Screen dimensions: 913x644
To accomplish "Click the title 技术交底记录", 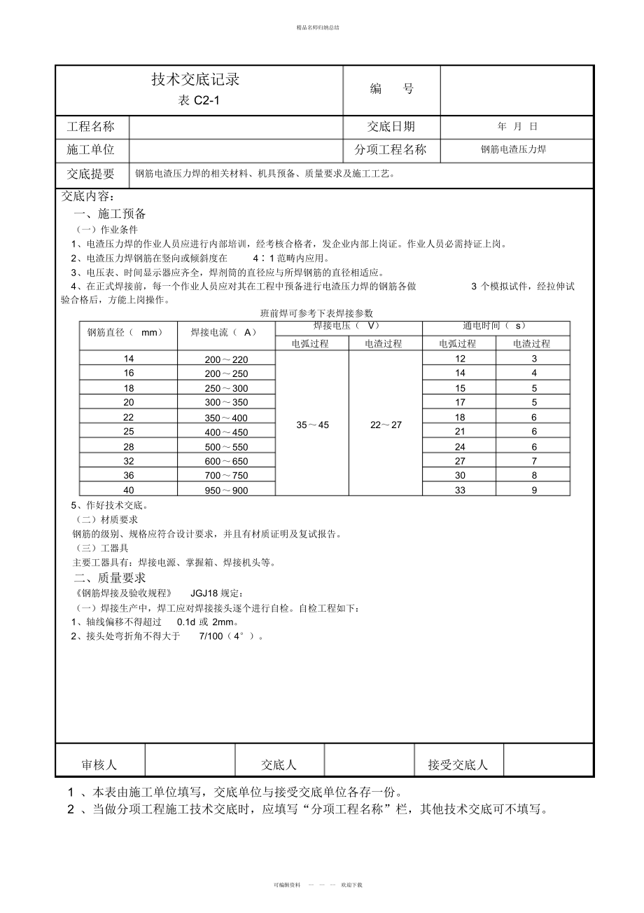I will point(195,80).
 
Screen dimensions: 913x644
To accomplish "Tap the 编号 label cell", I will point(391,89).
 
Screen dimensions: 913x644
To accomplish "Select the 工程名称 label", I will point(90,127).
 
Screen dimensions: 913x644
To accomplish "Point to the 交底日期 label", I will point(391,127).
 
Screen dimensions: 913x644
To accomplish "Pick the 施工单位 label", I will point(90,149).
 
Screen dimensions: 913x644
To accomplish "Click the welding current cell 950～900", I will point(226,490).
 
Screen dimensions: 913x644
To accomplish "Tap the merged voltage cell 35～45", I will point(311,425).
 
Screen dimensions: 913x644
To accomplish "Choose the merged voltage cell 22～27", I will point(386,425).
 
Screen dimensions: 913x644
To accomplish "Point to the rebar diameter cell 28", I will point(129,446).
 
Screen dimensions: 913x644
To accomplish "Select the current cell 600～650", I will point(226,461).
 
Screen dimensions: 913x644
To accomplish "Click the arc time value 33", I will point(460,490).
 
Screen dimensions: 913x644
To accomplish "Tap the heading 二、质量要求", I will point(110,578).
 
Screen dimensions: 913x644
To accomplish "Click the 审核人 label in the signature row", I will point(99,764).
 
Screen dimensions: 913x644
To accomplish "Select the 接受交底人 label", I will point(457,764).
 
